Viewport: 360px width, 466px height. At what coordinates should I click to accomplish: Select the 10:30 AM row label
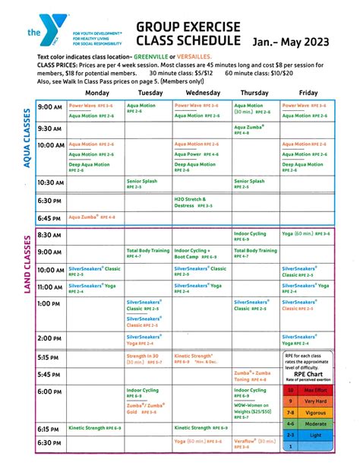50,182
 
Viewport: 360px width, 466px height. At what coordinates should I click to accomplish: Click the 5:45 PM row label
49,374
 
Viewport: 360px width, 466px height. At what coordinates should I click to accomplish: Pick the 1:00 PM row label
49,303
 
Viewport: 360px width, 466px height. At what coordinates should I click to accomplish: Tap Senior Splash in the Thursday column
249,182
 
